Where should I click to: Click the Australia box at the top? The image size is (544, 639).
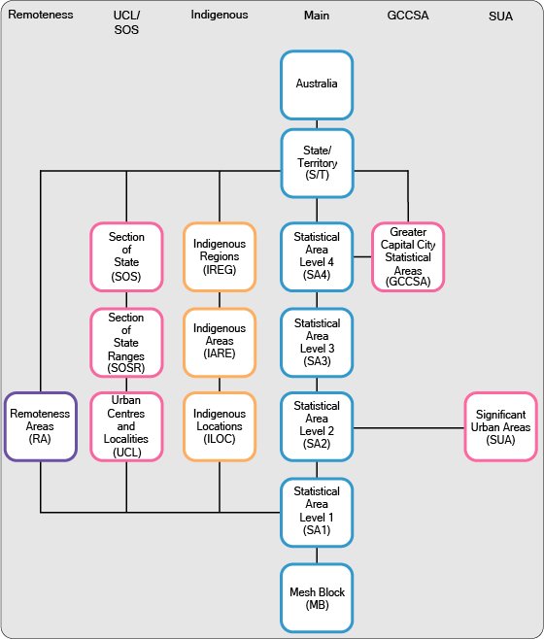click(x=317, y=84)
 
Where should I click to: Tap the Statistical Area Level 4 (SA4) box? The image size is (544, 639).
click(x=317, y=256)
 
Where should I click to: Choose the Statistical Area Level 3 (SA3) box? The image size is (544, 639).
click(x=317, y=341)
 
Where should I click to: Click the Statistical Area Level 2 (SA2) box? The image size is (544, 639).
click(x=317, y=425)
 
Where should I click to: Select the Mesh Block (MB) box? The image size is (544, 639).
click(x=317, y=598)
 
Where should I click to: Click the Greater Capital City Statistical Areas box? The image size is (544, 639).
click(x=408, y=257)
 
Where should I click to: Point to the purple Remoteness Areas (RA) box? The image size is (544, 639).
click(x=40, y=426)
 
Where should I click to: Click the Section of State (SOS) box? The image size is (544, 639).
click(x=126, y=256)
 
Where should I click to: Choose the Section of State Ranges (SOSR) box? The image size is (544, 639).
click(x=126, y=341)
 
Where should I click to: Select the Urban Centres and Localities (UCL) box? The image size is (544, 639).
click(x=126, y=425)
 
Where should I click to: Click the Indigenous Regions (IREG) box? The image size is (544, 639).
click(x=220, y=256)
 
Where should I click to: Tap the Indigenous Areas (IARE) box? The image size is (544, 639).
click(x=220, y=341)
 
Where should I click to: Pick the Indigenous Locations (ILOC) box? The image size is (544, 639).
click(x=220, y=425)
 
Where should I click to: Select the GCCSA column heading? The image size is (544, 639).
click(x=408, y=16)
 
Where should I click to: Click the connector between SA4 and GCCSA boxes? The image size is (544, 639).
click(x=362, y=257)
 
